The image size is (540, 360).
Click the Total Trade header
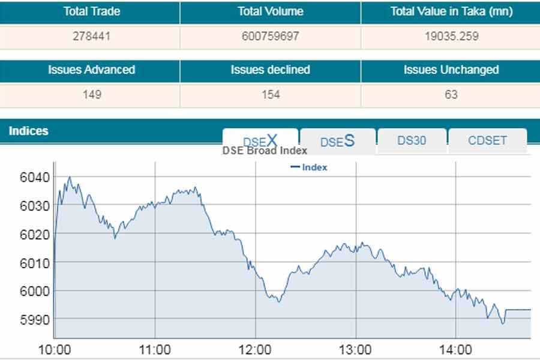pos(92,11)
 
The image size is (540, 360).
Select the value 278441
pos(92,36)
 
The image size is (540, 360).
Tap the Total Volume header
pos(270,11)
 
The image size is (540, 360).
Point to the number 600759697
pos(270,36)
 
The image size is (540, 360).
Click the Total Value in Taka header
pos(451,11)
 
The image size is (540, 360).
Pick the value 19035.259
pos(451,36)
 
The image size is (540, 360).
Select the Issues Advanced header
pos(92,70)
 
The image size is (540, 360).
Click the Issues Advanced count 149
pos(92,94)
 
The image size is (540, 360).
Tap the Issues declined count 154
pos(270,94)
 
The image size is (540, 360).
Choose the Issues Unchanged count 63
pos(451,94)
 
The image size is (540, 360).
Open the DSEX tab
pos(260,141)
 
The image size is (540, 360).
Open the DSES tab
pos(337,141)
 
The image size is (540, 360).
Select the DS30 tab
pos(412,140)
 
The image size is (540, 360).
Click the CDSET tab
pos(487,140)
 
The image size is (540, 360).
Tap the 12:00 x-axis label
pos(255,349)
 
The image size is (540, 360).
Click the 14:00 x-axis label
pos(455,349)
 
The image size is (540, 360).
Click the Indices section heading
pos(29,131)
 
